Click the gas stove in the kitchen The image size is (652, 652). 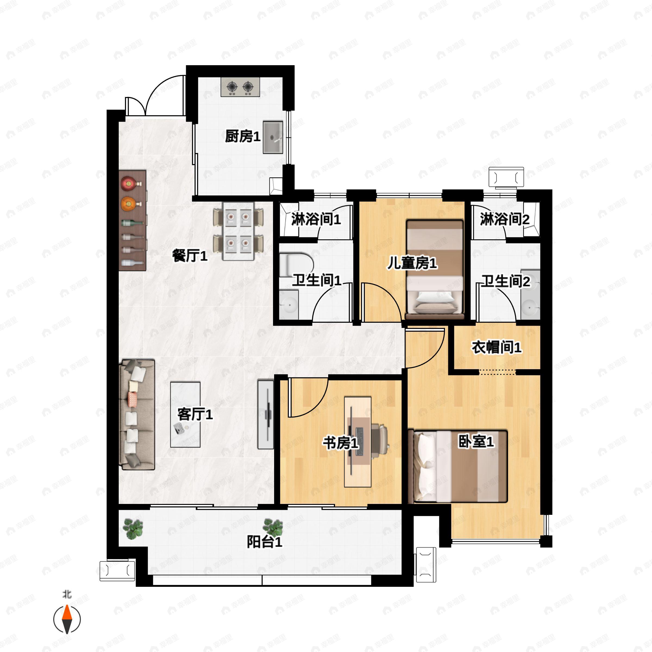tap(240, 87)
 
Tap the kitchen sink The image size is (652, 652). tap(273, 137)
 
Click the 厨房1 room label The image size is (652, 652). tap(243, 137)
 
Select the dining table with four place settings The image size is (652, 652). tap(238, 231)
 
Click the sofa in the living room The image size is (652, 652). tap(137, 414)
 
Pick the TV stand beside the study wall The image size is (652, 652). tap(266, 414)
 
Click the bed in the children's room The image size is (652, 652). tap(435, 269)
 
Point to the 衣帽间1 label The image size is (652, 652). tap(496, 347)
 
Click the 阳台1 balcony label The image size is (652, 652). tap(265, 542)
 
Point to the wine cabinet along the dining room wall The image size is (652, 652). tap(133, 220)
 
